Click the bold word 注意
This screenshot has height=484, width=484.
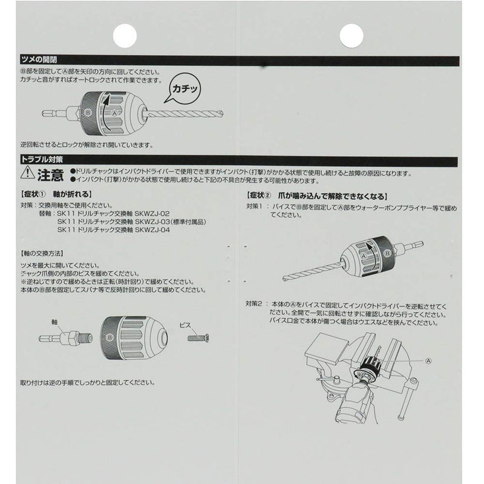point(50,176)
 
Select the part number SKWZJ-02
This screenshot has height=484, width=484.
point(156,214)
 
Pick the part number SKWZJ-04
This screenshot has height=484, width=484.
point(156,230)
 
